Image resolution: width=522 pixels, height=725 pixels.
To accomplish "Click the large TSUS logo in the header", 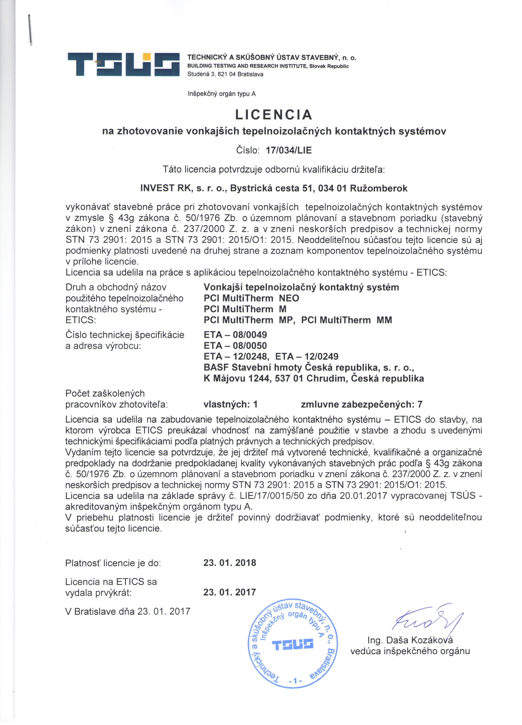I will pos(123,64).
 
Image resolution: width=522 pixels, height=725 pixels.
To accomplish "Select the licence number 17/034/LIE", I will pos(289,150).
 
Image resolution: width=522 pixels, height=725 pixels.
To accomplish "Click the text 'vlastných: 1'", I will pos(230,404).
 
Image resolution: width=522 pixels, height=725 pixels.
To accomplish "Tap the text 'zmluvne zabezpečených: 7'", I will pos(361,404).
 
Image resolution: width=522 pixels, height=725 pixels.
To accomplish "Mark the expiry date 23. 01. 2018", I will pos(230,563).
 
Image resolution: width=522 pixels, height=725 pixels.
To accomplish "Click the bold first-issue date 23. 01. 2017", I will pos(230,592).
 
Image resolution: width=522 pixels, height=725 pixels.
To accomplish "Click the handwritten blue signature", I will pos(428,619).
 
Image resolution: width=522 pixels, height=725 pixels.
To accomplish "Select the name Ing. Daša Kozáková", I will pos(410,640).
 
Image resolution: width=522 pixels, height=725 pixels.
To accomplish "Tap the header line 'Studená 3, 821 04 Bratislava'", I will pos(225,74).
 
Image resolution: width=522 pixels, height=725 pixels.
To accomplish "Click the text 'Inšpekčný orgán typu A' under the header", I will pos(222,94).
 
